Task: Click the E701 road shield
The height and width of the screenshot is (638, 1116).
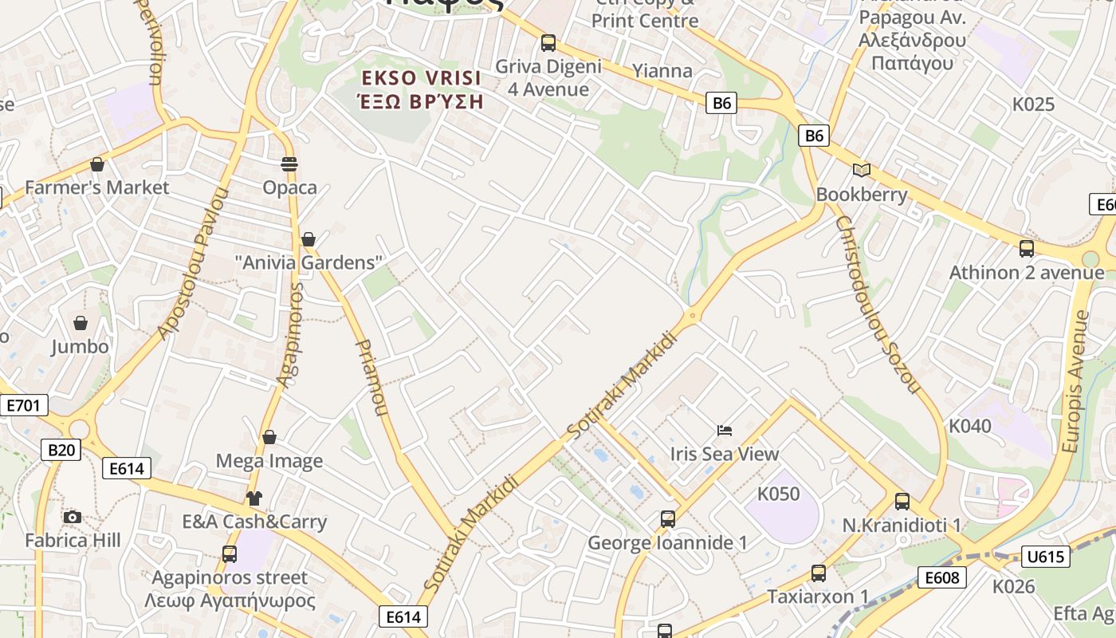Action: coord(23,405)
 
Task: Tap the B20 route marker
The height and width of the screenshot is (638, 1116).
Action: coord(61,450)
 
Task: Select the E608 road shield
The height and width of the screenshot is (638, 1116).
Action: coord(941,577)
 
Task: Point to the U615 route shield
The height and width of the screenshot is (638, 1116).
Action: coord(1045,557)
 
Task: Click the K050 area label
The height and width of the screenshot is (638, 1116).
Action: coord(778,494)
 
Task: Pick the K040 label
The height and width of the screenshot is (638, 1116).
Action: coord(969,426)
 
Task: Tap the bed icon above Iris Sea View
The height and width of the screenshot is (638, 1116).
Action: coord(724,431)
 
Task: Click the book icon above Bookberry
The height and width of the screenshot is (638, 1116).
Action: coord(862,170)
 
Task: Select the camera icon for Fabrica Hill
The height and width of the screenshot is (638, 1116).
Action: coord(73,517)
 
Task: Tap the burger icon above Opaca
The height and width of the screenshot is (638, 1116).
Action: coord(289,164)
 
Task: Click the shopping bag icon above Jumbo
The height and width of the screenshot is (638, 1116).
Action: coord(81,323)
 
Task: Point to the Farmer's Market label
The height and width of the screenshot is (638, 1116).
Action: coord(97,187)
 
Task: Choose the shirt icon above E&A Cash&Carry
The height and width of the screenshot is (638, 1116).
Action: coord(254,498)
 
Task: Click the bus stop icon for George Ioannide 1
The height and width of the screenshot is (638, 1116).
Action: coord(668,519)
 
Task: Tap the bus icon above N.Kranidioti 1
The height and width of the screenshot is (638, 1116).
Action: coord(902,502)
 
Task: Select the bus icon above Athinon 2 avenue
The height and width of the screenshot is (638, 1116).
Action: coord(1027,248)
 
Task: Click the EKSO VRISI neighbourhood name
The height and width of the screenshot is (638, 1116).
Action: coord(422,78)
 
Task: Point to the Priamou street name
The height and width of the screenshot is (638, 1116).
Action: coord(371,377)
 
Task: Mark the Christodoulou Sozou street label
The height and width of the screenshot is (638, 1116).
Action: coord(878,303)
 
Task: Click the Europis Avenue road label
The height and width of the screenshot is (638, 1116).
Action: coord(1075,380)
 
